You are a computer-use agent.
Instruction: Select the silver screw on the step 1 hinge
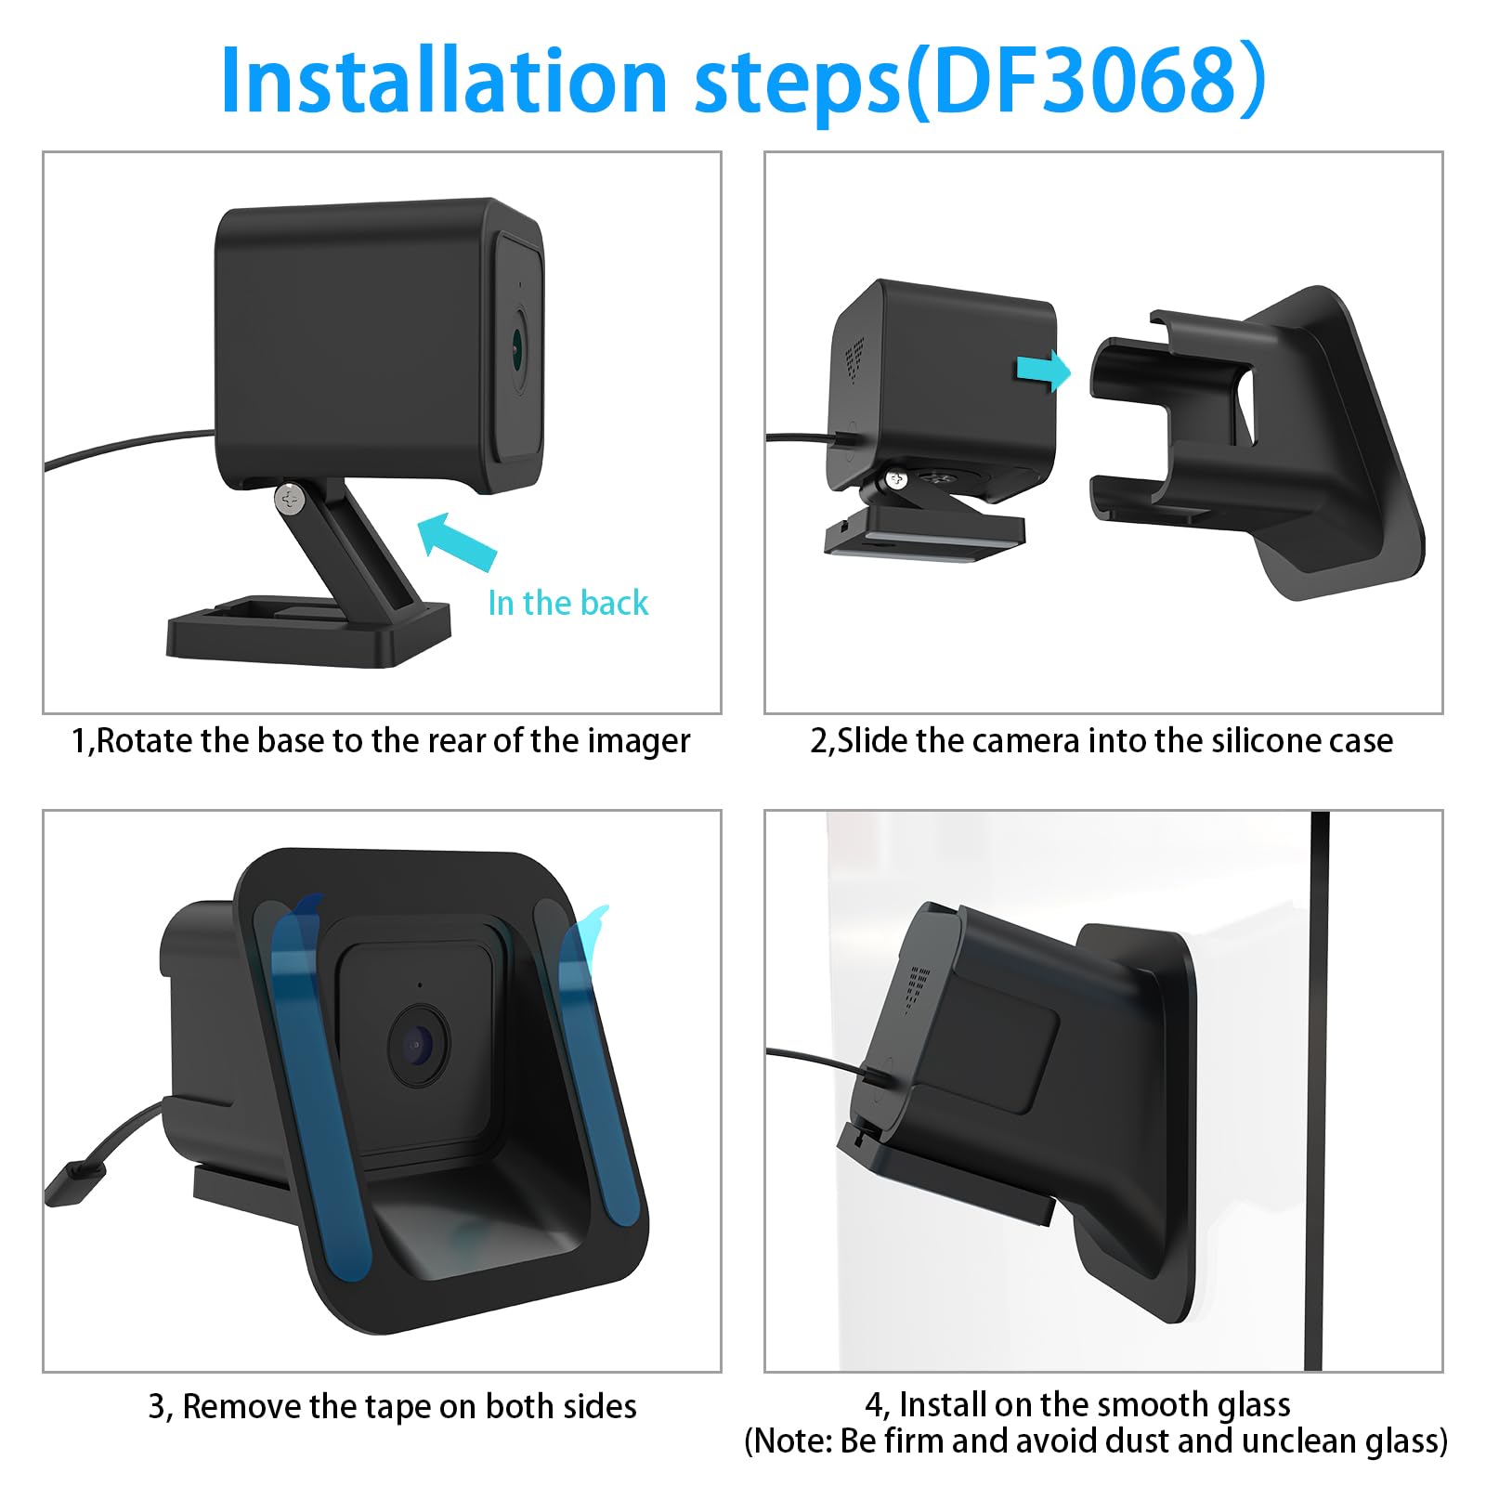(292, 499)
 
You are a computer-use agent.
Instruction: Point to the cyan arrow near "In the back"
(457, 541)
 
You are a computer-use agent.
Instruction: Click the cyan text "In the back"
(567, 603)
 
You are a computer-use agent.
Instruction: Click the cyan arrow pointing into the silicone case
(1044, 371)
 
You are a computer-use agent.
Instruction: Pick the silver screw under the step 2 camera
(896, 479)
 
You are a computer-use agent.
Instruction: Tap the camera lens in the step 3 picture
(417, 1046)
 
